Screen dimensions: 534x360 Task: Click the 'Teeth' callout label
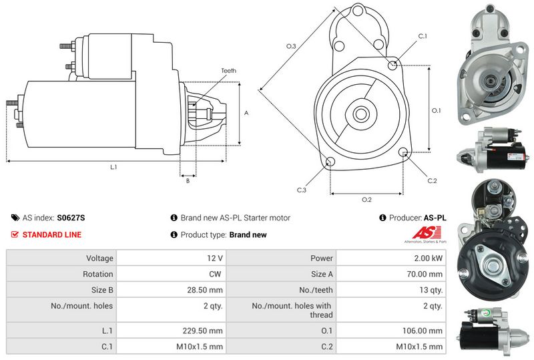click(x=228, y=71)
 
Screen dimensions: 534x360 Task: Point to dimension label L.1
click(x=113, y=167)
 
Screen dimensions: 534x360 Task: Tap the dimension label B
click(x=188, y=181)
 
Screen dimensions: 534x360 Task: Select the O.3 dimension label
click(x=291, y=46)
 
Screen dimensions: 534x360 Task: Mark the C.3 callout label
click(x=302, y=190)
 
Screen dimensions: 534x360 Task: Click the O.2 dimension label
click(x=366, y=200)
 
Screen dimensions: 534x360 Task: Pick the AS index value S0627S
click(x=71, y=218)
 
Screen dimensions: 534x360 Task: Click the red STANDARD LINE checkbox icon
click(x=15, y=234)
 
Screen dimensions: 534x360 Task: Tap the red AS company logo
click(x=427, y=232)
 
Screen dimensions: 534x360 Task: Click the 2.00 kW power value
click(x=428, y=258)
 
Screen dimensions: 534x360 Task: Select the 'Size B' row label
click(x=102, y=290)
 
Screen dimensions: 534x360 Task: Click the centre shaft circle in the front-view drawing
click(x=361, y=114)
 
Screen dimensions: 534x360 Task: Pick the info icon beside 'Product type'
click(x=174, y=234)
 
